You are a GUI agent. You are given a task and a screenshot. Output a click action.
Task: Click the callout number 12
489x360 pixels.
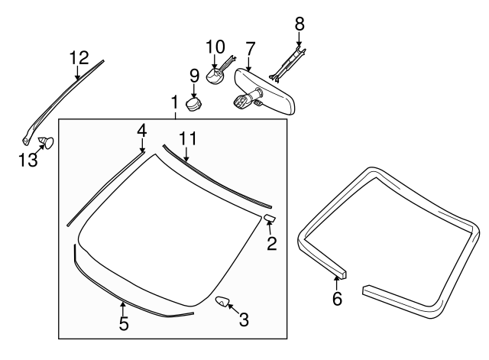tap(79, 57)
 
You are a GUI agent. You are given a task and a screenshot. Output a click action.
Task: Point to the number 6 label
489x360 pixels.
tap(337, 298)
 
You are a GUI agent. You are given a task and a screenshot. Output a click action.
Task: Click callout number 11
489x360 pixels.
tap(188, 138)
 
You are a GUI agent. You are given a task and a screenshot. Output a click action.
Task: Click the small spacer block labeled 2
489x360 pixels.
tap(270, 219)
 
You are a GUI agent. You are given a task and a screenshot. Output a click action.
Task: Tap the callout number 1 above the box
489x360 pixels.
tap(175, 102)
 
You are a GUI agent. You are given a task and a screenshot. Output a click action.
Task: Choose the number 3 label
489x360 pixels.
tap(244, 319)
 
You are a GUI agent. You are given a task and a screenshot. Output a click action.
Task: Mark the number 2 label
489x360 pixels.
tap(271, 244)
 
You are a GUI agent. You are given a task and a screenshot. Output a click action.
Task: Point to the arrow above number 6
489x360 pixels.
tap(337, 277)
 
